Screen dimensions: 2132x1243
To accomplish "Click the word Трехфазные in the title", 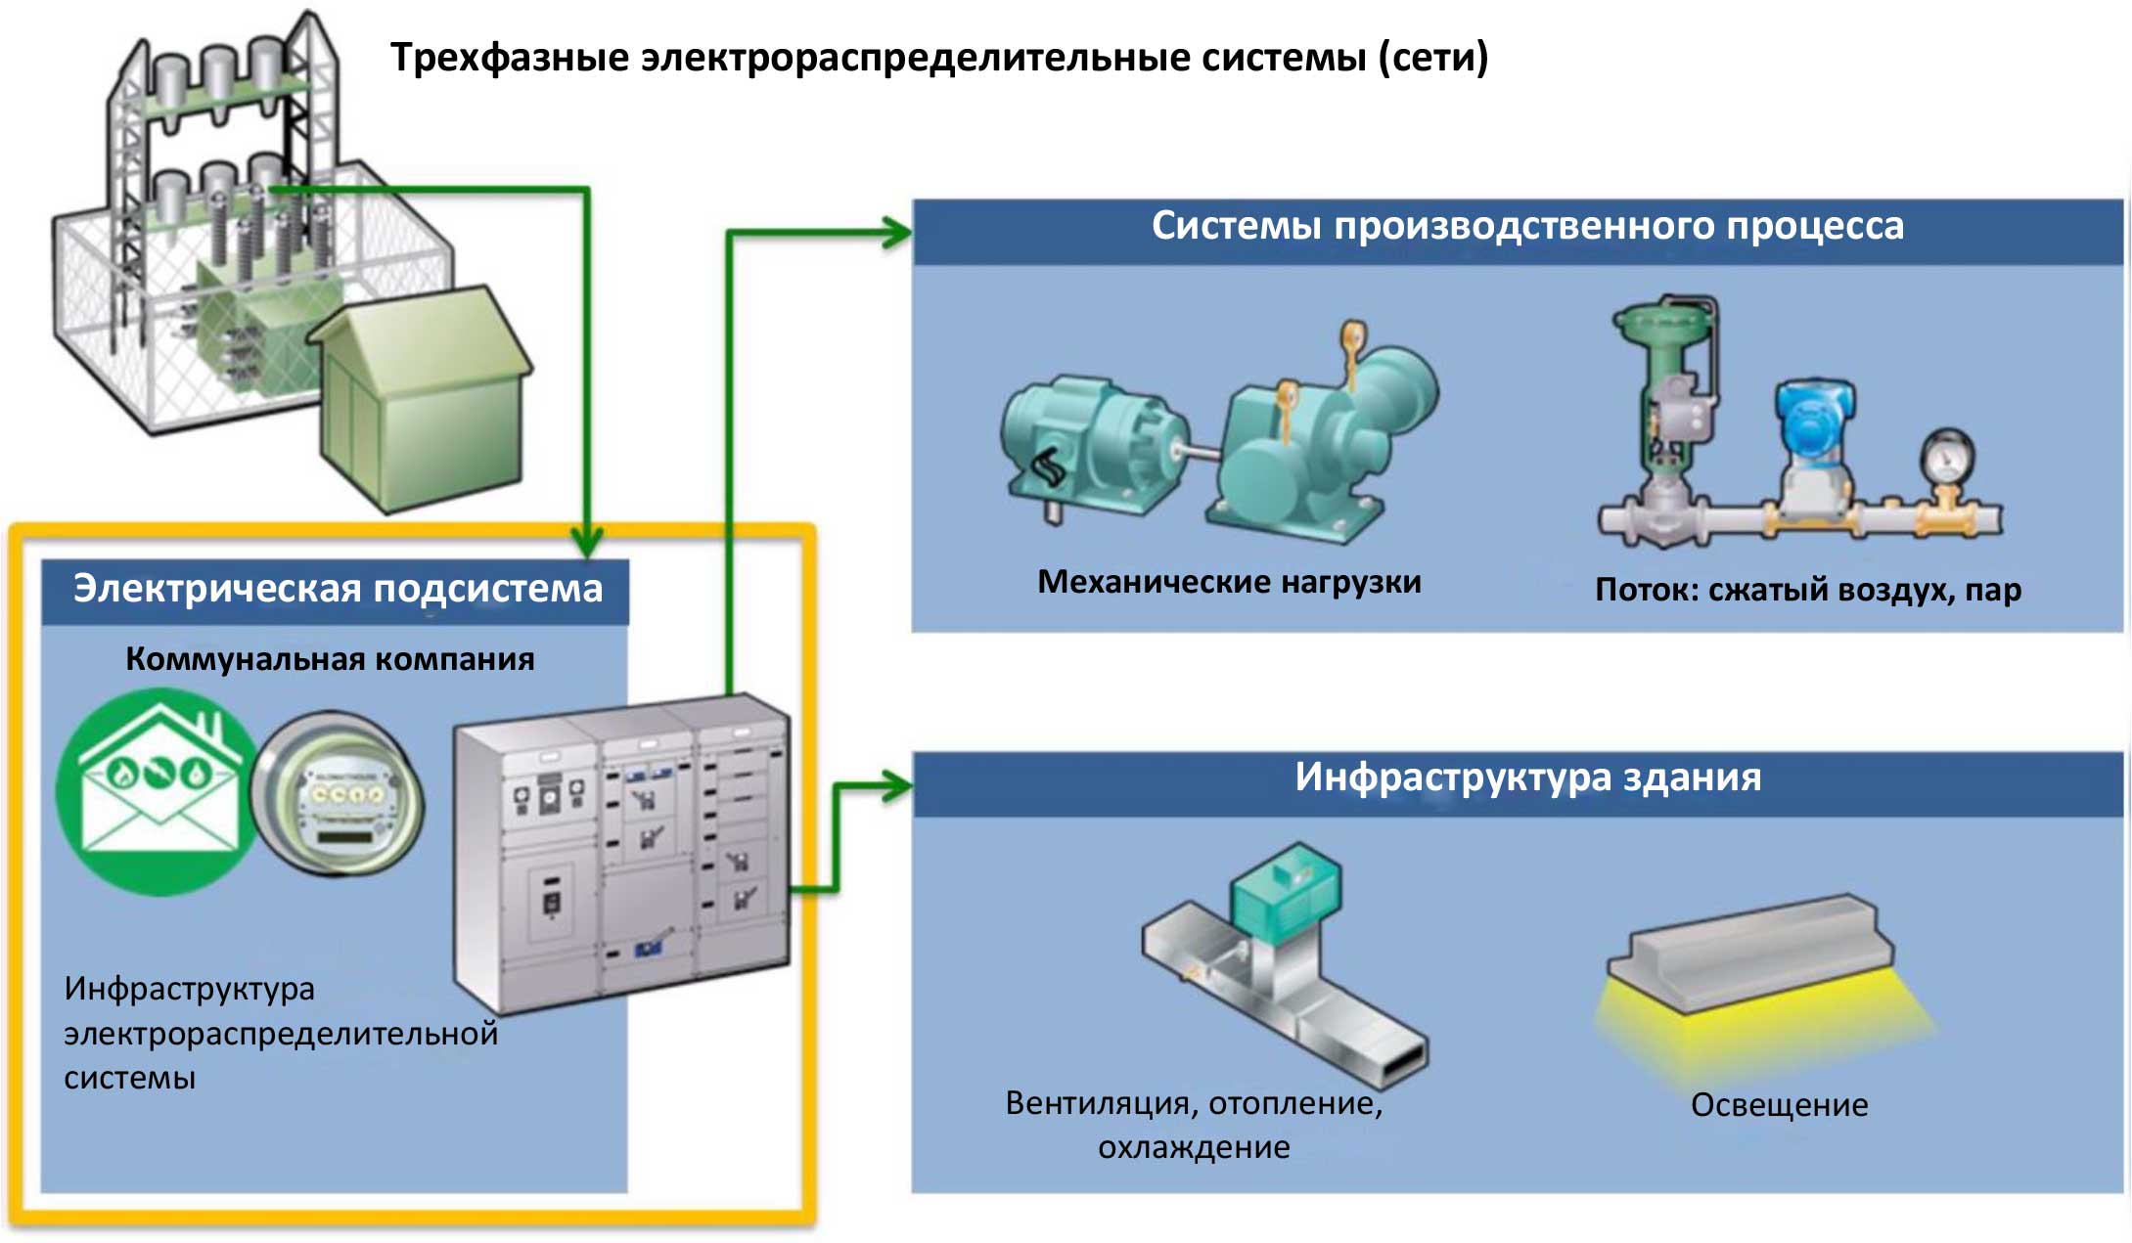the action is coord(510,58).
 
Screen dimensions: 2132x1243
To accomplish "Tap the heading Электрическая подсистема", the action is coord(338,589).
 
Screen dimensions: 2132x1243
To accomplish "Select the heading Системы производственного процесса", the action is coord(1527,226).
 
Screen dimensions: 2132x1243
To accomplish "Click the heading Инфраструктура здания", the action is coord(1528,777).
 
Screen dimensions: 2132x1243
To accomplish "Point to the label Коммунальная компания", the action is coord(330,659).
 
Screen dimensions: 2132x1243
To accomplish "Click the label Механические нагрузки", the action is coord(1229,582).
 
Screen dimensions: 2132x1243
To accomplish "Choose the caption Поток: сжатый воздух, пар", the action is coord(1808,590).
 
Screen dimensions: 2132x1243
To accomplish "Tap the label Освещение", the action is coord(1780,1105).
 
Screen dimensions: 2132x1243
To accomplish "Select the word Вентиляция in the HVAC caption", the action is coord(1098,1104).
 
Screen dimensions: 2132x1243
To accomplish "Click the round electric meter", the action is coord(338,794).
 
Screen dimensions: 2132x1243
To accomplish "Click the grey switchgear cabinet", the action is coord(622,851).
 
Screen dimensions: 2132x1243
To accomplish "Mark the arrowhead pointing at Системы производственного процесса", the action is coord(896,233).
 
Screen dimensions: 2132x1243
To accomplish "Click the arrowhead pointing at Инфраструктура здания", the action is coord(896,786).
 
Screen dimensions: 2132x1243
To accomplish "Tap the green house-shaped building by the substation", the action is coord(421,401).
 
